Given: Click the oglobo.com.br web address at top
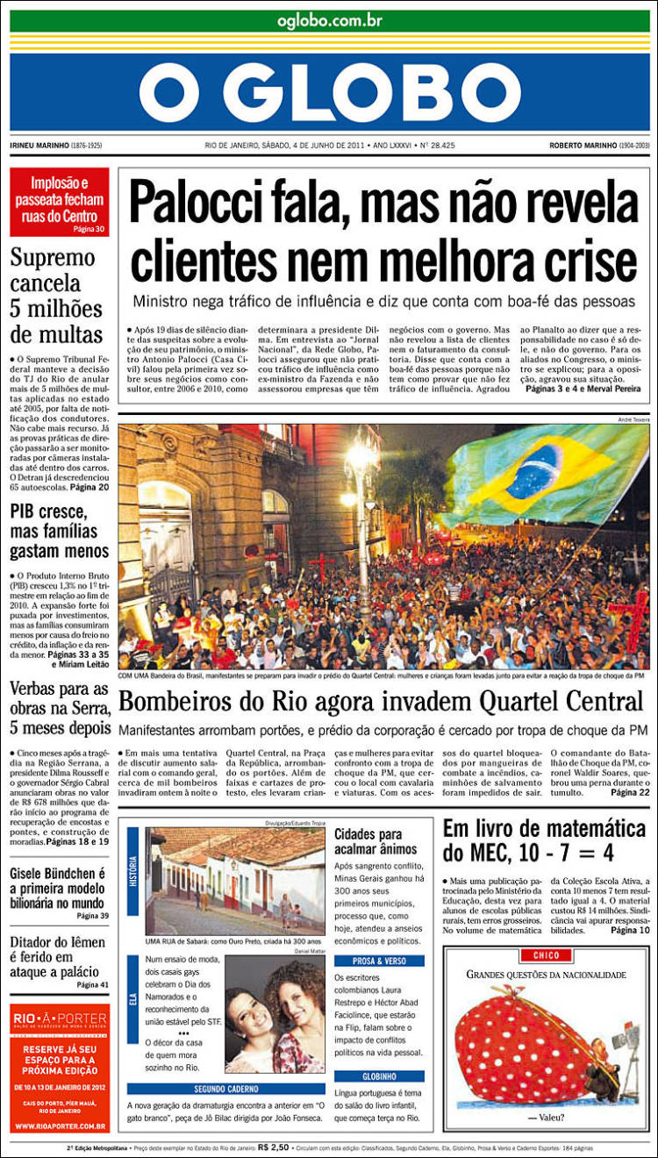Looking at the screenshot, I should click(329, 20).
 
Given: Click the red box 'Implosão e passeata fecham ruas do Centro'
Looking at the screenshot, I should click(60, 203).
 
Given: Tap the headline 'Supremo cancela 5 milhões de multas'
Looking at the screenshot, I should click(58, 296).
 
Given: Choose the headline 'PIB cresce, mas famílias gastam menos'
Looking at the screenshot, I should click(60, 532).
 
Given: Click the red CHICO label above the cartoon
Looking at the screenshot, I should click(546, 954).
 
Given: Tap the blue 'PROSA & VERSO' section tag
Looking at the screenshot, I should click(379, 961).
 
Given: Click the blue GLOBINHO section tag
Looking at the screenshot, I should click(379, 1076).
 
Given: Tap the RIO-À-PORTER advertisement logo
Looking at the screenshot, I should click(59, 1019).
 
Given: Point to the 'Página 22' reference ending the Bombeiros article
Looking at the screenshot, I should click(630, 793).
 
